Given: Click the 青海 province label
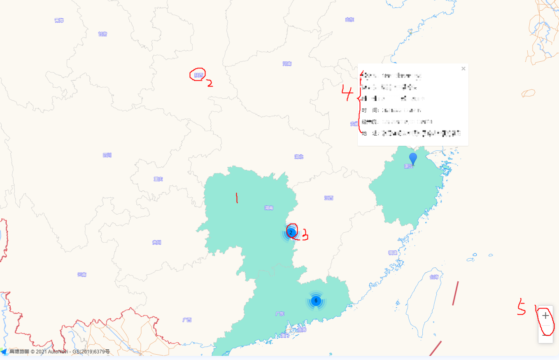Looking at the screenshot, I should (x=59, y=20).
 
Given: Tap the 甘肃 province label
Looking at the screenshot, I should (x=102, y=34).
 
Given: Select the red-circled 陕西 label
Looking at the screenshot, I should (x=199, y=75).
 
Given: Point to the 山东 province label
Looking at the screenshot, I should (x=349, y=19).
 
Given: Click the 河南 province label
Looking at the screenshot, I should (x=287, y=64).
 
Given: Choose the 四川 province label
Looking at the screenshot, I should (x=107, y=155).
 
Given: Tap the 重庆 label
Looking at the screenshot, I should (x=158, y=179).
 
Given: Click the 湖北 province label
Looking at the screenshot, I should (x=299, y=157).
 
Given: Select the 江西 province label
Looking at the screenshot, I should (x=328, y=198).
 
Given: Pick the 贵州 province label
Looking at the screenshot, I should (x=156, y=242).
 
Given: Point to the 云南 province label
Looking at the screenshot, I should (x=82, y=274).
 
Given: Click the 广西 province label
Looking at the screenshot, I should (x=187, y=320).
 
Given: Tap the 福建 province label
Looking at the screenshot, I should (x=392, y=252).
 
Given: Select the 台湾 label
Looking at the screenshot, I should (x=434, y=277).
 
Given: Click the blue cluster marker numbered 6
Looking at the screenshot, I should (x=316, y=301).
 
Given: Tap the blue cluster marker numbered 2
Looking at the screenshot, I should (x=291, y=233).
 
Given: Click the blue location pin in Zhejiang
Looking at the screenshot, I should (x=413, y=158).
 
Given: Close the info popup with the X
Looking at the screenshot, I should (x=463, y=69).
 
